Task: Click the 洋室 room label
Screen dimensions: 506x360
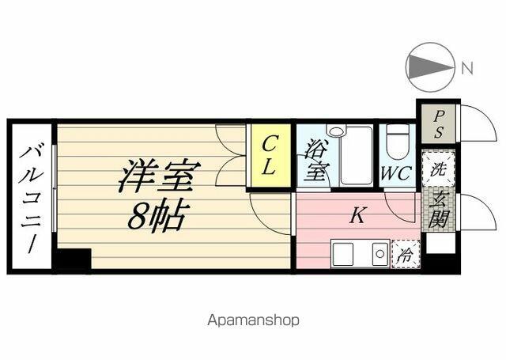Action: pos(160,176)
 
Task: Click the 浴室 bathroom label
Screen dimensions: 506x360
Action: pos(317,159)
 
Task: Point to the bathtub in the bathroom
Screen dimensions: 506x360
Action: pos(357,156)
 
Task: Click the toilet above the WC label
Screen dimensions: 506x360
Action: pos(397,142)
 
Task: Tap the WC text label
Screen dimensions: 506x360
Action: pos(395,173)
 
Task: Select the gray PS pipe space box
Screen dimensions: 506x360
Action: pos(438,123)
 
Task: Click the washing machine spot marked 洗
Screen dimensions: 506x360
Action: pos(438,169)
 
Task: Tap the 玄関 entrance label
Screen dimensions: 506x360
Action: pos(439,209)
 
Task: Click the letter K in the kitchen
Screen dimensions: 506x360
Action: pos(357,215)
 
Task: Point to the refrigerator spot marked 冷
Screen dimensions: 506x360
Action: pos(406,254)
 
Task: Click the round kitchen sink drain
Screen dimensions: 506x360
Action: pos(379,253)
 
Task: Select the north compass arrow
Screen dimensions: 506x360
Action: pos(430,66)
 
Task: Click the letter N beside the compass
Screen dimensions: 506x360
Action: pos(466,68)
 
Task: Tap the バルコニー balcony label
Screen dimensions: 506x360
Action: pos(32,199)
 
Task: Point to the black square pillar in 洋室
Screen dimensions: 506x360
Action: pos(74,258)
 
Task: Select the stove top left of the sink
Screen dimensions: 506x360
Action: pos(342,253)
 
